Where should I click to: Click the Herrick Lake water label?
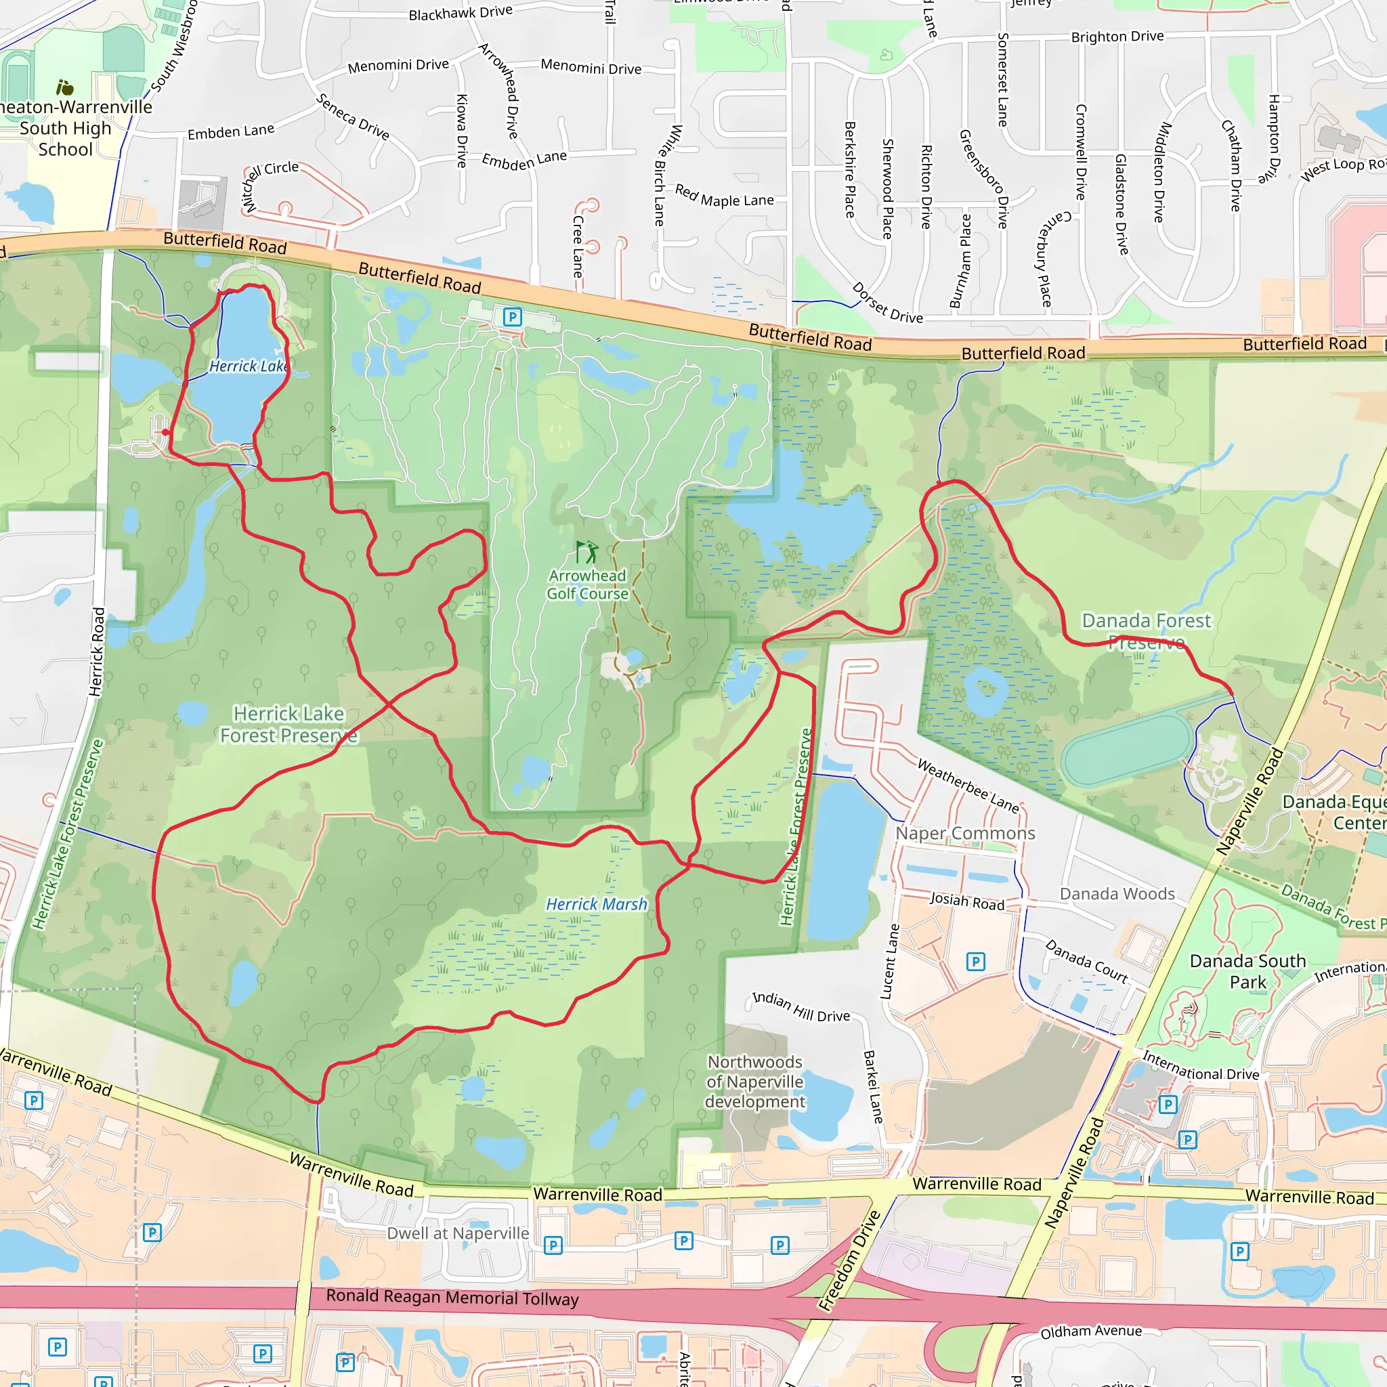pyautogui.click(x=249, y=366)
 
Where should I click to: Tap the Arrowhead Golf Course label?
pyautogui.click(x=587, y=585)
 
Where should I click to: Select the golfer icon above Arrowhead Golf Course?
pyautogui.click(x=587, y=553)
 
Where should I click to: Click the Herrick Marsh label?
pyautogui.click(x=597, y=905)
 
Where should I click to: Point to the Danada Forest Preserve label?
pyautogui.click(x=1146, y=631)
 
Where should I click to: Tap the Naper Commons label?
pyautogui.click(x=965, y=834)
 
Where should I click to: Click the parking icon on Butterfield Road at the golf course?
pyautogui.click(x=512, y=316)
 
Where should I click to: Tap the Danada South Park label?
pyautogui.click(x=1247, y=971)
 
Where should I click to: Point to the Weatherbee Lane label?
pyautogui.click(x=968, y=786)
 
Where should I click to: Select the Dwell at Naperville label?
pyautogui.click(x=458, y=1233)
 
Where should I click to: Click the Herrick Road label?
pyautogui.click(x=97, y=652)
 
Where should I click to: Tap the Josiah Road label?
pyautogui.click(x=967, y=901)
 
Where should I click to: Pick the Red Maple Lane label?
pyautogui.click(x=724, y=196)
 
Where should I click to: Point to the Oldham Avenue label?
pyautogui.click(x=1090, y=1331)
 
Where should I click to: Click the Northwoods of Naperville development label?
pyautogui.click(x=755, y=1081)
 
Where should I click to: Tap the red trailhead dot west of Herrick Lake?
pyautogui.click(x=166, y=432)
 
